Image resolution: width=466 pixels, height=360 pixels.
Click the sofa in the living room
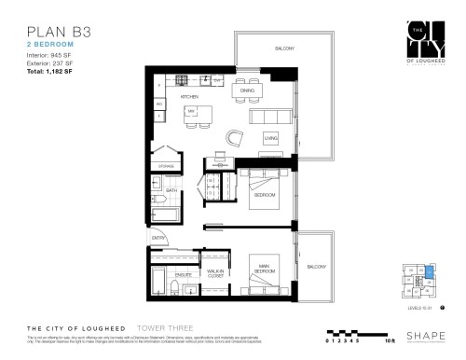click(271, 118)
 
